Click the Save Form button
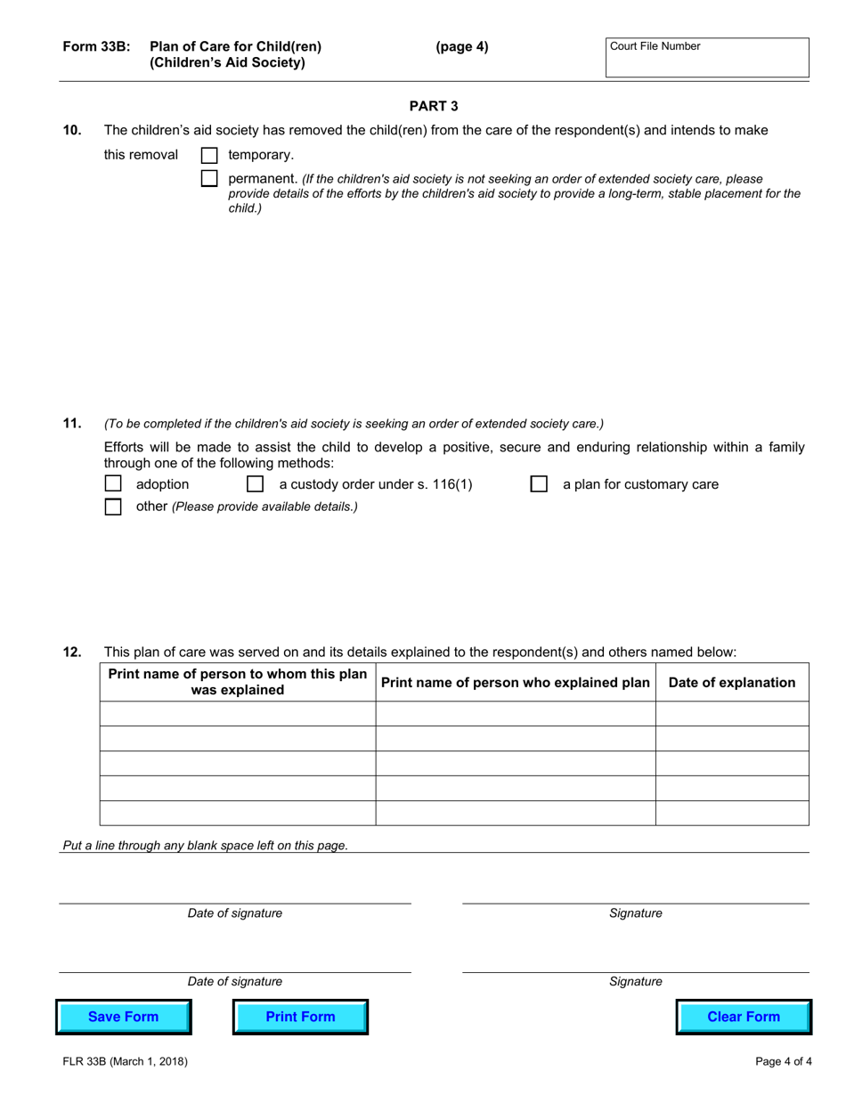coord(124,1017)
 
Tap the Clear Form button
coord(744,1017)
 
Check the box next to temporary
coord(209,155)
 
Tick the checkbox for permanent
coord(209,178)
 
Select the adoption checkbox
coord(113,484)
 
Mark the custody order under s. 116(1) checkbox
coord(255,484)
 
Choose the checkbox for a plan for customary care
coord(539,484)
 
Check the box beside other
coord(113,507)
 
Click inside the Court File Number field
coord(707,61)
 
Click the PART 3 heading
coord(434,107)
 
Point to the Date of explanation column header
coord(732,683)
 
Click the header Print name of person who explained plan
coord(516,683)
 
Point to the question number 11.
coord(72,424)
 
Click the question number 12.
coord(72,653)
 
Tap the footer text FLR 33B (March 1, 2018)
coord(125,1061)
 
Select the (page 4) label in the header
coord(461,47)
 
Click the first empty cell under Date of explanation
coord(732,714)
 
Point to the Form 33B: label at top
coord(96,47)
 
